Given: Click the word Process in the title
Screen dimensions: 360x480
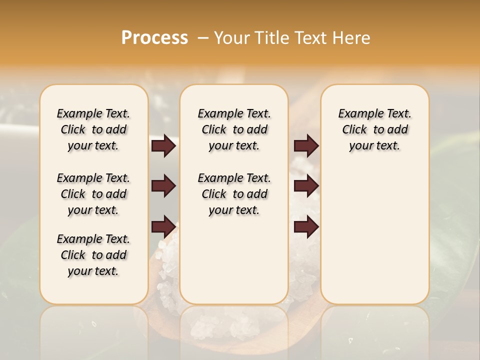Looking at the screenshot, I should [154, 37].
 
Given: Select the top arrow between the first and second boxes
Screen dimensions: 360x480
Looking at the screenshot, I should [163, 146].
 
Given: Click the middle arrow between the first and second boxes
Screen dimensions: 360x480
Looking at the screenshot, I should [163, 186].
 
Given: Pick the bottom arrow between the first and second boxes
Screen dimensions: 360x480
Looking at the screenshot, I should [163, 227].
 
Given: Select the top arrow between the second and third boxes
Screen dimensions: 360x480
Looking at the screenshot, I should [306, 146].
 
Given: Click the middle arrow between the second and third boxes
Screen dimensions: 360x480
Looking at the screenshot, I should [306, 186].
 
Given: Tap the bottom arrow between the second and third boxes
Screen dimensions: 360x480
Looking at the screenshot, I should [306, 227].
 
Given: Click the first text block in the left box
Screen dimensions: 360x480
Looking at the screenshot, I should [93, 129].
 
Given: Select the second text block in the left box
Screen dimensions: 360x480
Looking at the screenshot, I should [93, 194].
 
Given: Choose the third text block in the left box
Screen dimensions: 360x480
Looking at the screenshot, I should [93, 255].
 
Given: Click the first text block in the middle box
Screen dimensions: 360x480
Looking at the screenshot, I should [234, 129].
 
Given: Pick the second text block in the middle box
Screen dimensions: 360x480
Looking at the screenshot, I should [234, 194].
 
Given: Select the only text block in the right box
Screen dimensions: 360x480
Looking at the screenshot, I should [374, 129].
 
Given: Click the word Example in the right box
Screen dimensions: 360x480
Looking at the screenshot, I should [357, 114].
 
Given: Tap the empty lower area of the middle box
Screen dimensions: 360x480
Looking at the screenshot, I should [234, 260].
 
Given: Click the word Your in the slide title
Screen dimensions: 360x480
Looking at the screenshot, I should [230, 37].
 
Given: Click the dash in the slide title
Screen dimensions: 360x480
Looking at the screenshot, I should [203, 37].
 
